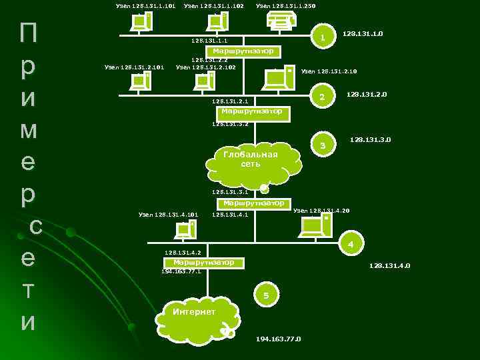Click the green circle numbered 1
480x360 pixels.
[x=323, y=37]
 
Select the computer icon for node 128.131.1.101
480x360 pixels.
[x=141, y=23]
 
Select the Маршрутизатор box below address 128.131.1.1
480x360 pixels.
[x=243, y=51]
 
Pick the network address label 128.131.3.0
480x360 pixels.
[x=370, y=140]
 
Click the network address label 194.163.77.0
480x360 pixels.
[x=279, y=339]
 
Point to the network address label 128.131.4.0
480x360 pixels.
[x=390, y=266]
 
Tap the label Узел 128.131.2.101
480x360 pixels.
[x=135, y=67]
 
